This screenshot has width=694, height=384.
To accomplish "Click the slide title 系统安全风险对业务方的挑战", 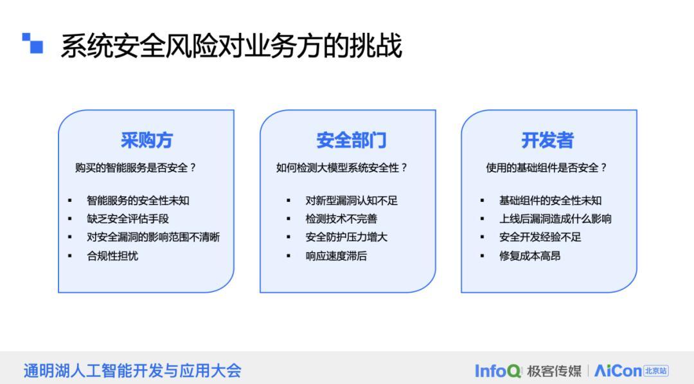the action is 231,46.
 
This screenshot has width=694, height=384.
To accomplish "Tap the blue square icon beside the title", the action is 32,43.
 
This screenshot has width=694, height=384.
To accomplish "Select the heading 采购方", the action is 147,140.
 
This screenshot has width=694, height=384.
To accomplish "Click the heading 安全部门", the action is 351,140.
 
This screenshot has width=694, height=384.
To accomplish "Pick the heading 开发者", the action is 547,140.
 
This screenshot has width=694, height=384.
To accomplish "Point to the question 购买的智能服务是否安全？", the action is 136,168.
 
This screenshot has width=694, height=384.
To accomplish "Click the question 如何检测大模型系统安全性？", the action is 342,168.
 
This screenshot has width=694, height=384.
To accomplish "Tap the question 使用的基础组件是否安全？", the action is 547,168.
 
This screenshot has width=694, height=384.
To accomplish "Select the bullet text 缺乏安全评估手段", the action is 128,219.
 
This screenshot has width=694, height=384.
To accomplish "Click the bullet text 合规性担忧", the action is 112,256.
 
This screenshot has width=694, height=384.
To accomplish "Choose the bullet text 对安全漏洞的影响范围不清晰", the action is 153,237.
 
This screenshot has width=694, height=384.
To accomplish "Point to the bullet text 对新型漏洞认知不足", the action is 351,201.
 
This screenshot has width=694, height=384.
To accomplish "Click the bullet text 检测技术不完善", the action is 341,219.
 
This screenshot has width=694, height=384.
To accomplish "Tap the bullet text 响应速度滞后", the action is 336,256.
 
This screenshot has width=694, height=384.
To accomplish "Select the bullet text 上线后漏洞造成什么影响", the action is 555,219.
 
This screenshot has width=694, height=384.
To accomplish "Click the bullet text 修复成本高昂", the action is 529,256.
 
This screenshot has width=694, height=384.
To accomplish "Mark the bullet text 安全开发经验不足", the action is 540,237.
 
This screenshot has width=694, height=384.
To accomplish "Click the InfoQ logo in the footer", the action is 498,370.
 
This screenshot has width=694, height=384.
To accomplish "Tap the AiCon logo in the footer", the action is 631,370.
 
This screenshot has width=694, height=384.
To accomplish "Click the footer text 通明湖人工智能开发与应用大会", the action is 132,370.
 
